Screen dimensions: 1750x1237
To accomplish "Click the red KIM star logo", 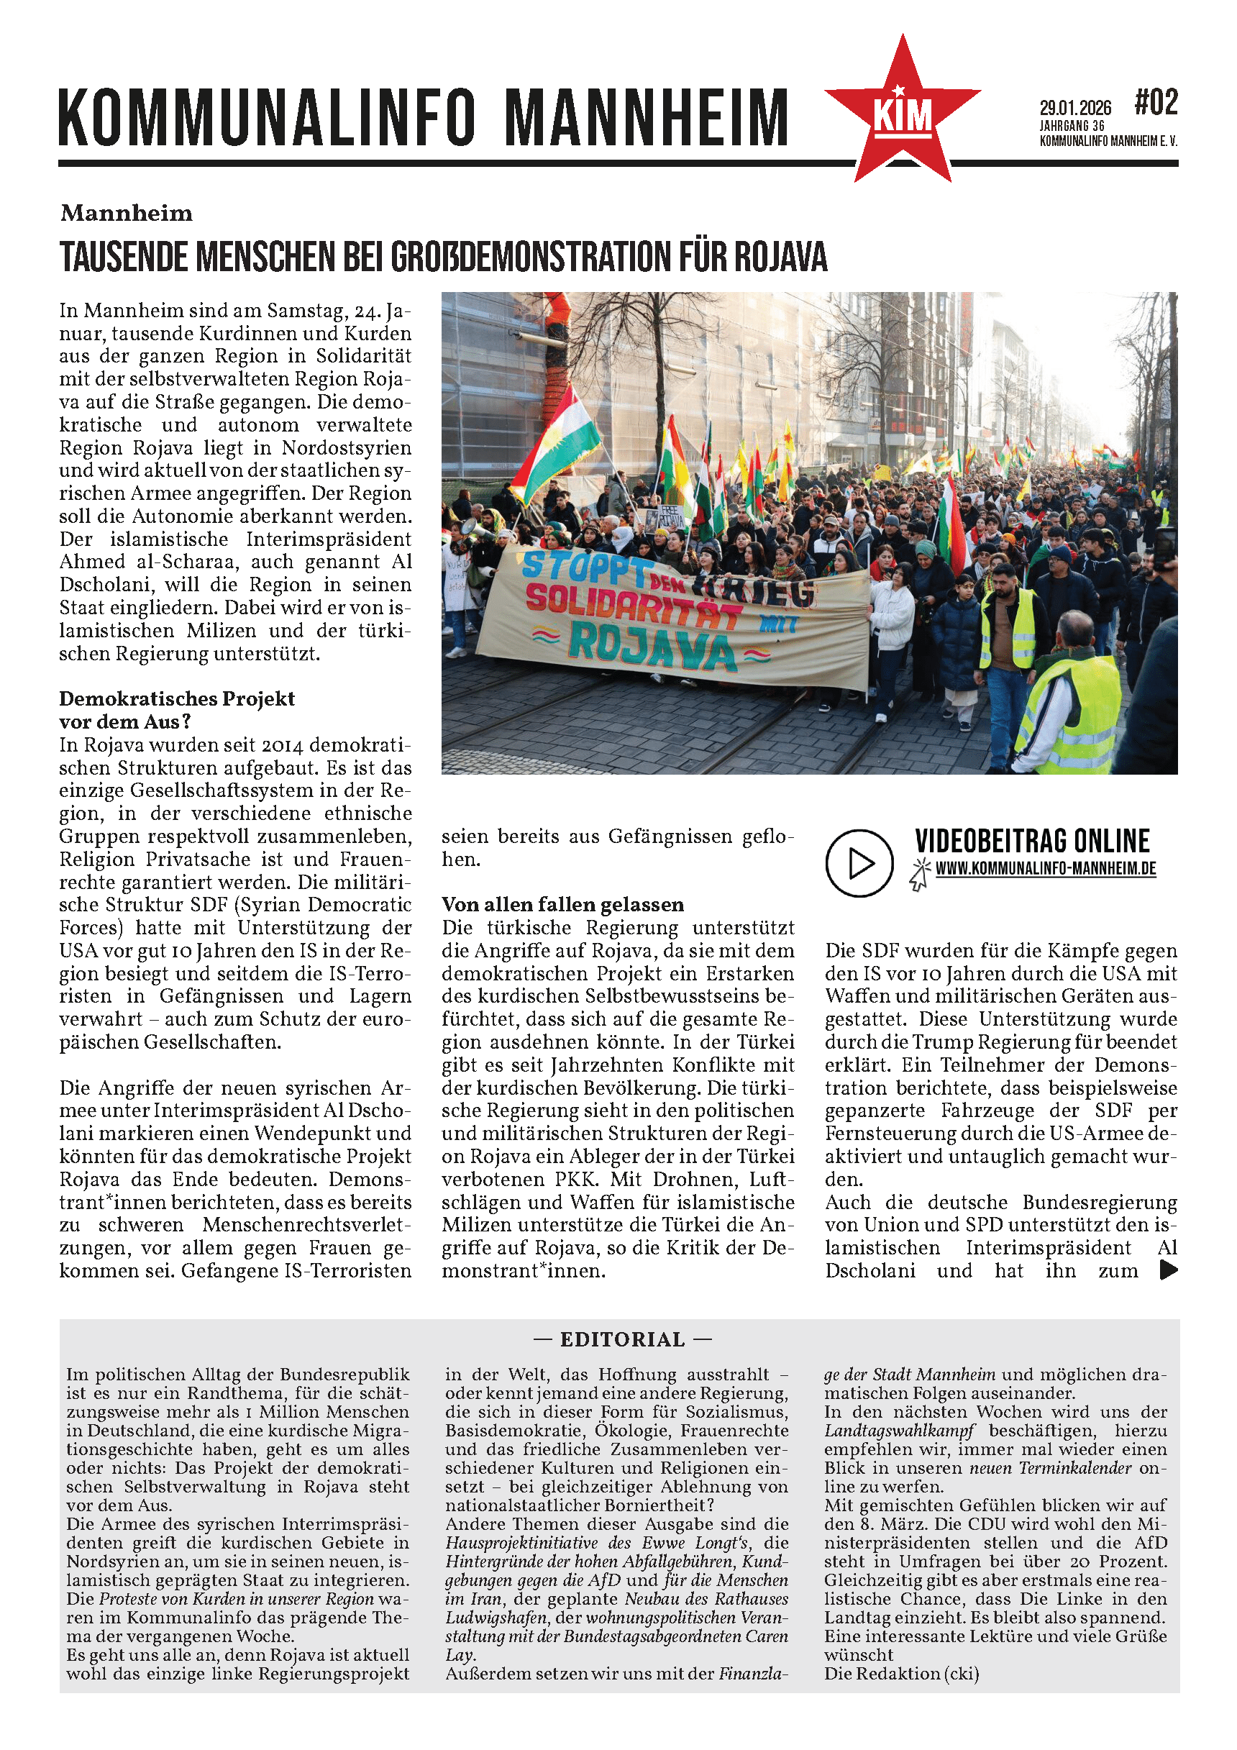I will pos(903,114).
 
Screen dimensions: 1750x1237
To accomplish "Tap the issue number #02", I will pos(1156,103).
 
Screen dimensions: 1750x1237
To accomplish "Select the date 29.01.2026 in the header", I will pos(1074,108).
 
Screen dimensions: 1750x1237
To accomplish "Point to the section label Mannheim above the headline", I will pos(127,214).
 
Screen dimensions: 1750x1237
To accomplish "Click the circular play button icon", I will pos(859,863).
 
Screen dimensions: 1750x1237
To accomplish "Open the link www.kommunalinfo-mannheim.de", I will pos(1046,869).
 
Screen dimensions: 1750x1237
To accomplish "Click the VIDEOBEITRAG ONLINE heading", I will pos(1032,841).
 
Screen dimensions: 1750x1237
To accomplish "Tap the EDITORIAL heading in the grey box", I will pos(623,1339).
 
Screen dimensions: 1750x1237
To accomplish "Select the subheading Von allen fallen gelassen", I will pos(562,905).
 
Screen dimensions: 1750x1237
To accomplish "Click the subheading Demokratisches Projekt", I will pos(177,699).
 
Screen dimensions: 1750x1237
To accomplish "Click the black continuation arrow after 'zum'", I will pos(1168,1270).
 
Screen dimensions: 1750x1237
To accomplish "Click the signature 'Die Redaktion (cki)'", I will pos(901,1673).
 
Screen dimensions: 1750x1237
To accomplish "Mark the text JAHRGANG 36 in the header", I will pos(1072,126).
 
